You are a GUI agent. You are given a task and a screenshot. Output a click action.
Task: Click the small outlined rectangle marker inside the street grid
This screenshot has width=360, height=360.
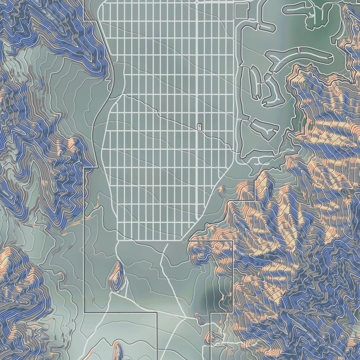tap(199, 127)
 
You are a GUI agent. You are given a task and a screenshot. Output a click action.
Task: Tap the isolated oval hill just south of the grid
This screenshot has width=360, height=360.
tap(117, 275)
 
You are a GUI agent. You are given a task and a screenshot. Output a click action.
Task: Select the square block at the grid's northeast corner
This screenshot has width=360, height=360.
tap(241, 11)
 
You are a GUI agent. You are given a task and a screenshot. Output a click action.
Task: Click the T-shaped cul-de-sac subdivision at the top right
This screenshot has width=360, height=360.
tap(314, 13)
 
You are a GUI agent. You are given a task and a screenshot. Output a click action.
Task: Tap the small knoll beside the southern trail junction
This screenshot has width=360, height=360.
tap(201, 320)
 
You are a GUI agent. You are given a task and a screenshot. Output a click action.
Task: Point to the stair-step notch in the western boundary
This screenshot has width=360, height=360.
tap(91, 168)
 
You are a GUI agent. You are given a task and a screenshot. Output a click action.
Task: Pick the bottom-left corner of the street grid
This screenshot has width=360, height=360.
tap(120, 240)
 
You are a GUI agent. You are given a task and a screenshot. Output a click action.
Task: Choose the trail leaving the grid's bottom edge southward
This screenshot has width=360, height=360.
tap(164, 262)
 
